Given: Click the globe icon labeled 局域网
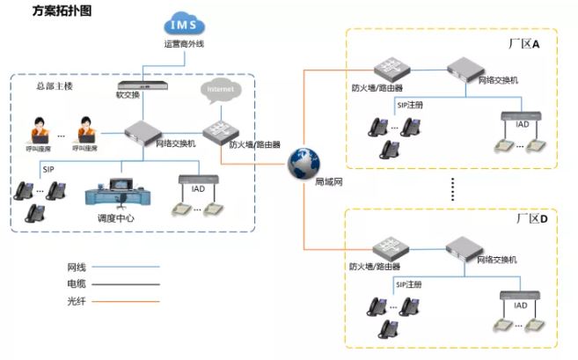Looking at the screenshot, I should point(304,162).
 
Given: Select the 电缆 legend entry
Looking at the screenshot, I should point(77,283).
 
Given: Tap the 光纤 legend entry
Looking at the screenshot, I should point(77,301).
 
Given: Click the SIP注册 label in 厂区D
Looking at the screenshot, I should point(409,285).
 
